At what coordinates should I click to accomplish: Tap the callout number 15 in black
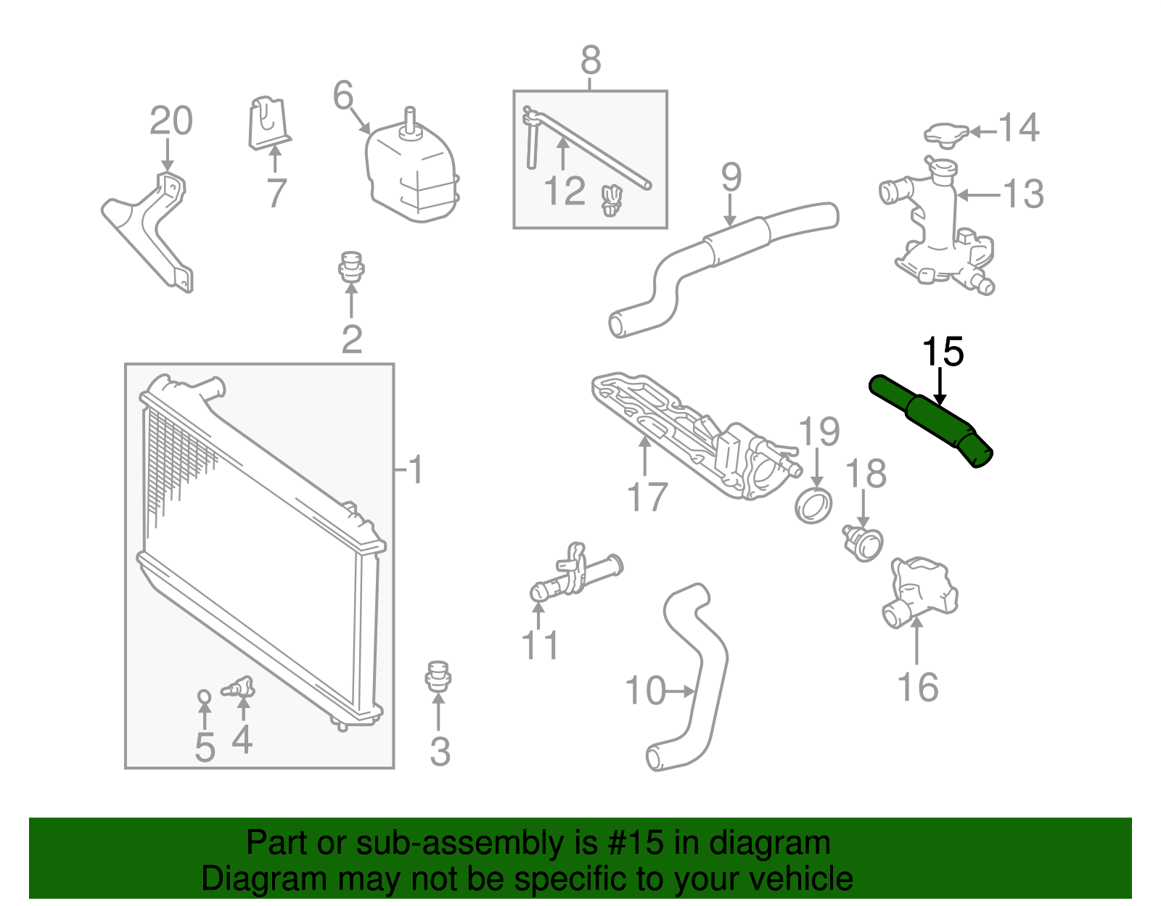click(x=942, y=353)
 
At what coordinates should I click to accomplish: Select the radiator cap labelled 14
click(x=946, y=135)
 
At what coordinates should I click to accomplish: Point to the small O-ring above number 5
click(x=205, y=697)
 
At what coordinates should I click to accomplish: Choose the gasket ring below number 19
click(x=813, y=505)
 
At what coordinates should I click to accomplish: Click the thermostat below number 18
click(x=863, y=543)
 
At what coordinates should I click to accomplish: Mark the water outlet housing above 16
click(x=920, y=590)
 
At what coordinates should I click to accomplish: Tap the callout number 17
click(x=647, y=498)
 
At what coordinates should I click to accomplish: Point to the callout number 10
click(x=644, y=691)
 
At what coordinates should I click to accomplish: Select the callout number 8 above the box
click(x=591, y=61)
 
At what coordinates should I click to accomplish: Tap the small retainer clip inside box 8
click(x=612, y=199)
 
